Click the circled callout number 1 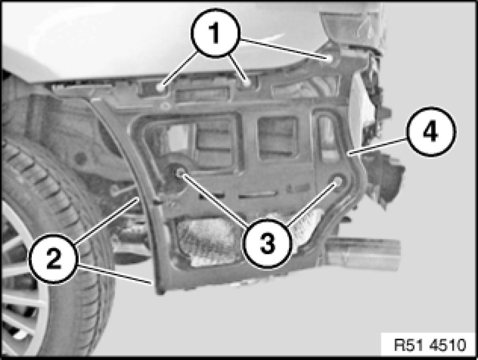[x=216, y=33]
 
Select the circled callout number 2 [x=54, y=259]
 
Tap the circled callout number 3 [x=267, y=243]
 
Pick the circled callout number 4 [x=431, y=132]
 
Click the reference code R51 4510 [x=430, y=345]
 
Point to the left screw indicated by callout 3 [x=180, y=172]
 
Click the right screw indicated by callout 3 [x=338, y=181]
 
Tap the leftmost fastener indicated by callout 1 [x=160, y=88]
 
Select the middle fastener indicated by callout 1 [x=247, y=82]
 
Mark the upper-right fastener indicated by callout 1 [x=330, y=58]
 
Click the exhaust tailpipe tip [x=363, y=254]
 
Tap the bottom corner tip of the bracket [x=160, y=292]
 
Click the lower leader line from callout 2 [x=115, y=274]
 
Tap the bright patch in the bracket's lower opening [x=207, y=241]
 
